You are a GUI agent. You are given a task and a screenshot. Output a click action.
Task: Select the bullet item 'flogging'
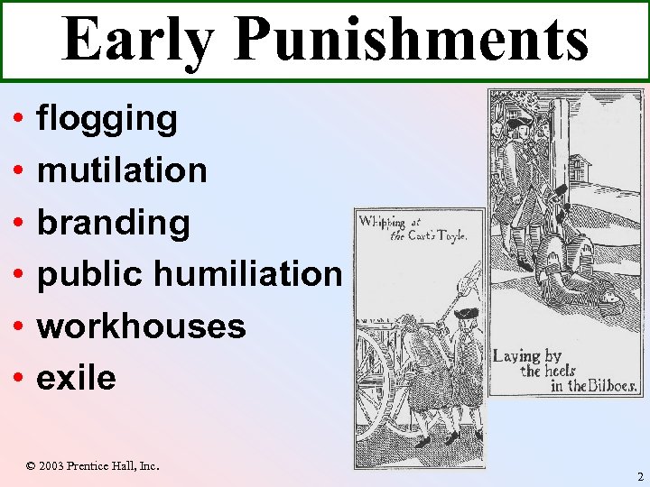click(x=107, y=119)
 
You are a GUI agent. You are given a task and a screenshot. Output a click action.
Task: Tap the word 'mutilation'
click(x=122, y=170)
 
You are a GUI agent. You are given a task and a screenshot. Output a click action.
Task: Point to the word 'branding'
click(x=113, y=222)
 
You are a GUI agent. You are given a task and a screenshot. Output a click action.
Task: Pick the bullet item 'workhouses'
click(x=141, y=326)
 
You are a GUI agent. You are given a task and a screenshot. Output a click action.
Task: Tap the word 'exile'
click(x=76, y=377)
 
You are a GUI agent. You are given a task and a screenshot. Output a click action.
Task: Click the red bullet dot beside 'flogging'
click(x=18, y=119)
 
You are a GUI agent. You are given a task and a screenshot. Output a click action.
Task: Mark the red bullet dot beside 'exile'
click(x=18, y=377)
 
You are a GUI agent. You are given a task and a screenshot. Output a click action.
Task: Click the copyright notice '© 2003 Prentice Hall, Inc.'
click(x=92, y=465)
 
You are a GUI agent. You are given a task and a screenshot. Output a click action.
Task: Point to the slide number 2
click(x=637, y=476)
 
